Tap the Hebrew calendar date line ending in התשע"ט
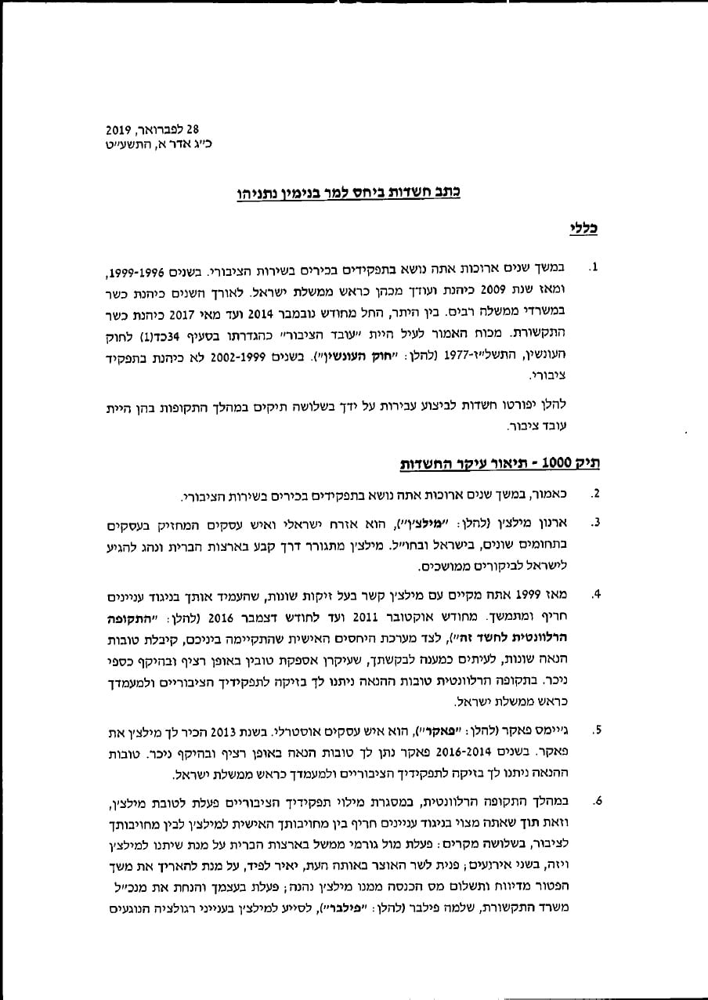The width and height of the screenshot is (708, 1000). pos(159,144)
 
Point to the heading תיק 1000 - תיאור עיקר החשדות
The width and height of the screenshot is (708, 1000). pos(493,462)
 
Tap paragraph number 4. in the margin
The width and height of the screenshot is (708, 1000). pos(596,594)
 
